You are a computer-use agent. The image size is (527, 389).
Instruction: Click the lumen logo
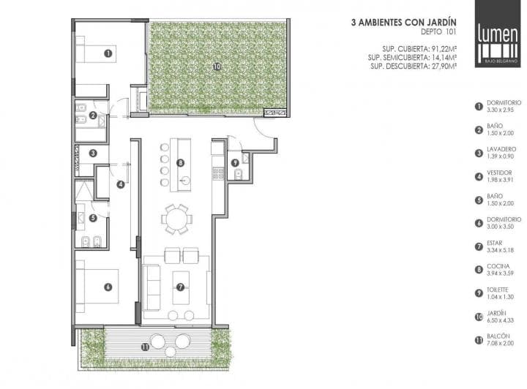(498, 34)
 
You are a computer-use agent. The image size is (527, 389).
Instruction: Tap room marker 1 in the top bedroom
(108, 53)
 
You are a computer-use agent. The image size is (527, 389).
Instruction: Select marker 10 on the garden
(217, 67)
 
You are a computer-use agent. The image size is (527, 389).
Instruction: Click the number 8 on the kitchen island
(181, 163)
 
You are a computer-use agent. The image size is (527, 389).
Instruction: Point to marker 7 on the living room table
(181, 287)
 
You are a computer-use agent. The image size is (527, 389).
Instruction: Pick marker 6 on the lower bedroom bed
(108, 287)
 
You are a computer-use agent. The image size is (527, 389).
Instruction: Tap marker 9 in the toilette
(235, 163)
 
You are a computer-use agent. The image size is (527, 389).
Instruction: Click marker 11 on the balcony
(145, 347)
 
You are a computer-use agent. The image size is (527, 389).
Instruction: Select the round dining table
(177, 219)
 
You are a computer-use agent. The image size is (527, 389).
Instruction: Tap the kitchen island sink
(184, 181)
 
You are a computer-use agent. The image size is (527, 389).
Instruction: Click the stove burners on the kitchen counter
(218, 173)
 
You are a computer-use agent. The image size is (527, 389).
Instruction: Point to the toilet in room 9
(238, 174)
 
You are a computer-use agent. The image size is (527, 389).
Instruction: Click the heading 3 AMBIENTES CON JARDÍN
(403, 23)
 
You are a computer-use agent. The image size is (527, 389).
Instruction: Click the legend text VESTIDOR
(499, 173)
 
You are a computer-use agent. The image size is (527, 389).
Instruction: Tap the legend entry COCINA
(498, 266)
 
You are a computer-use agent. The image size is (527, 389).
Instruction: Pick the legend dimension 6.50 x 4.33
(500, 320)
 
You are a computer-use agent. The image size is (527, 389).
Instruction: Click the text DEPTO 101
(438, 32)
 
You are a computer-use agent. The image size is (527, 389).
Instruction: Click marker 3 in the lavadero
(93, 154)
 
